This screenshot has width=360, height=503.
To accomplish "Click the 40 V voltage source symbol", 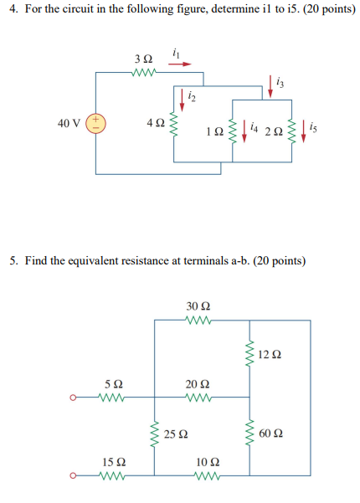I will point(95,123).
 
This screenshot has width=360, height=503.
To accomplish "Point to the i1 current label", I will point(176,52).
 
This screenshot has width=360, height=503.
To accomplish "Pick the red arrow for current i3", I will point(271,83).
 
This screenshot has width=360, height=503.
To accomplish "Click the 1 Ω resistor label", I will point(214,132).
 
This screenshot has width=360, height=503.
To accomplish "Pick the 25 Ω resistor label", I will point(175,434).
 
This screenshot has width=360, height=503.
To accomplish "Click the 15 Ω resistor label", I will point(115,461).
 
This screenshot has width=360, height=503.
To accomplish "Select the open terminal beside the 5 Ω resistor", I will point(74,398).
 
